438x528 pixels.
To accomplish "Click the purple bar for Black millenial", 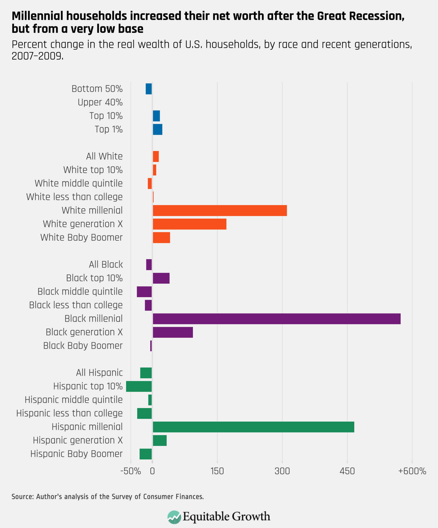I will pos(277,319).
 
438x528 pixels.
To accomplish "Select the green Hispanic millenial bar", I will pos(253,427).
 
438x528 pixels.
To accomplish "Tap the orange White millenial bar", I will pos(220,210).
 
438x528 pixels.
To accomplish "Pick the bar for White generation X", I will pos(190,224).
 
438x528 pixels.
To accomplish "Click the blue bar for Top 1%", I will pos(158,130).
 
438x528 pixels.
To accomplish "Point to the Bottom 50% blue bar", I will pos(149,89).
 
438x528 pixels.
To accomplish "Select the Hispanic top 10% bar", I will pos(139,387).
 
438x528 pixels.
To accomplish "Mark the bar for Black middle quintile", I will pos(144,292).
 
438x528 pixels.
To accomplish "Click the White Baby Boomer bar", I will pos(161,238).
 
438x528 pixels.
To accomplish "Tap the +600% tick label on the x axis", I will pos(412,471).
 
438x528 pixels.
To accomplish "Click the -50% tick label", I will pos(131,471).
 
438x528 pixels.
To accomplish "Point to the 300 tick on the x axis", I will pos(282,471).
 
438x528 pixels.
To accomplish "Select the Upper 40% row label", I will pos(100,102).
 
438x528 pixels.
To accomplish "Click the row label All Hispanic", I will pos(99,373).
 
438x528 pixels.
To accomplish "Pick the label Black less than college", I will pos(76,305).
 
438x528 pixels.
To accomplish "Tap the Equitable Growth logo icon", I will pos(174,517).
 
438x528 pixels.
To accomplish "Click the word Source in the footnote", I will pos(22,497).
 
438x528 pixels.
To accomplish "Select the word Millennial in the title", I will pos(38,16).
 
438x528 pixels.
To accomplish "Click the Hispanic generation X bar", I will pos(160,441).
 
